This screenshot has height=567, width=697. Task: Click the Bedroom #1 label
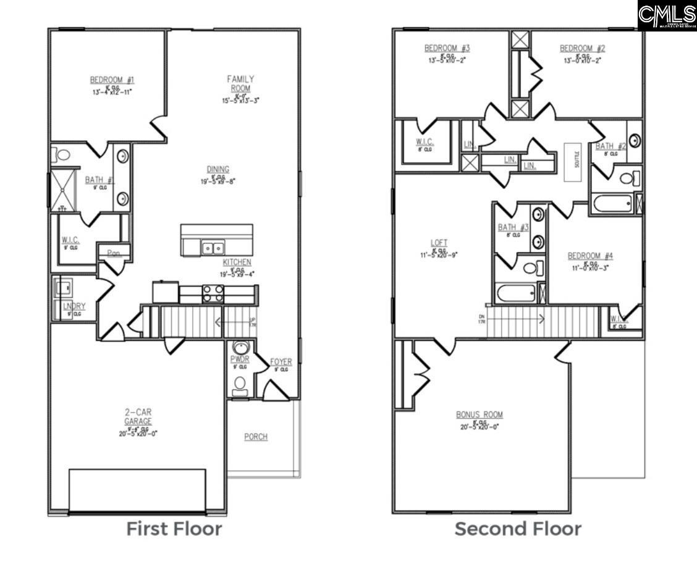[112, 80]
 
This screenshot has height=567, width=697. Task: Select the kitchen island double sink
[213, 248]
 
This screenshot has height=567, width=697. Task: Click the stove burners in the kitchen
[213, 293]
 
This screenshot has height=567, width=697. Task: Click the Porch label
[255, 437]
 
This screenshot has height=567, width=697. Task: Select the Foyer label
[281, 362]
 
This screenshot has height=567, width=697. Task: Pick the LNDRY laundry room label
[74, 306]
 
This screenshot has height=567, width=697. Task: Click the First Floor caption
[174, 529]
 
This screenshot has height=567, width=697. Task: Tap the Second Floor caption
[518, 529]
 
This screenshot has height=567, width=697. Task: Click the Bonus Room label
[479, 414]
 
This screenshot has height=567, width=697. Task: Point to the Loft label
[439, 243]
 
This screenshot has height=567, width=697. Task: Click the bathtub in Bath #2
[612, 203]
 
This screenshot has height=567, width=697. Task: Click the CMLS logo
[667, 15]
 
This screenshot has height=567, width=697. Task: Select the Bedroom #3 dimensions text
[447, 61]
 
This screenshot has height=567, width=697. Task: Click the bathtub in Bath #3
[515, 292]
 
